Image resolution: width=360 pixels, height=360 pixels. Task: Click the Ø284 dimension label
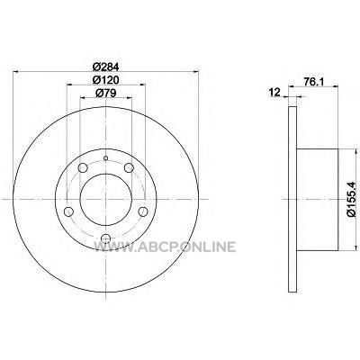[x=106, y=67]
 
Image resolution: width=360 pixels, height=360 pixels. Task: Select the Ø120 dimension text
[x=106, y=80]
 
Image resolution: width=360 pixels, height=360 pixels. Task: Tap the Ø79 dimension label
[x=106, y=94]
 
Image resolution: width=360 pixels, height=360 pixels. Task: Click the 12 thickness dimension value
[x=274, y=92]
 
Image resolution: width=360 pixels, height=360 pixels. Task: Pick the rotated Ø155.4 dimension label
[x=351, y=199]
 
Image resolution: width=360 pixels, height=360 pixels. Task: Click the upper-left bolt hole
[x=83, y=167]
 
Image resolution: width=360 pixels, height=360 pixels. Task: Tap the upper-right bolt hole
[x=129, y=167]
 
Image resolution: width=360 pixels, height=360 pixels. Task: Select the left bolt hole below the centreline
[x=68, y=211]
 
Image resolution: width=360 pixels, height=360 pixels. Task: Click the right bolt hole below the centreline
[x=143, y=211]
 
